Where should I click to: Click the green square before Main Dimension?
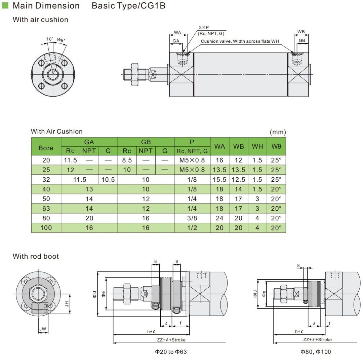[5, 6]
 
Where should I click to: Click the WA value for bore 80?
[219, 218]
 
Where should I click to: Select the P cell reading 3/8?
[192, 218]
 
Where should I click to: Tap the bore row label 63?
[46, 209]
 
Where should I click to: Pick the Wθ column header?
[276, 146]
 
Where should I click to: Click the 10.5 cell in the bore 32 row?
[108, 180]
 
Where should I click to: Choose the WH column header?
[257, 146]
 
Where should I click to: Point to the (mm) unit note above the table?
[278, 132]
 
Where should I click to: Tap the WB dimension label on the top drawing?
[301, 32]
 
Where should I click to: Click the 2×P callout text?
[204, 27]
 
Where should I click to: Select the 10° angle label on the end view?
[50, 39]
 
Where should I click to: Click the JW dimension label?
[43, 329]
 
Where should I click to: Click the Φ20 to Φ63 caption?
[171, 352]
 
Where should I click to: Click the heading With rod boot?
[36, 256]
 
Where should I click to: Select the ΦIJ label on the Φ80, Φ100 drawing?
[255, 293]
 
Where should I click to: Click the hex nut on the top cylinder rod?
[134, 74]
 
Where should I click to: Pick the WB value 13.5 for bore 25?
[239, 170]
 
